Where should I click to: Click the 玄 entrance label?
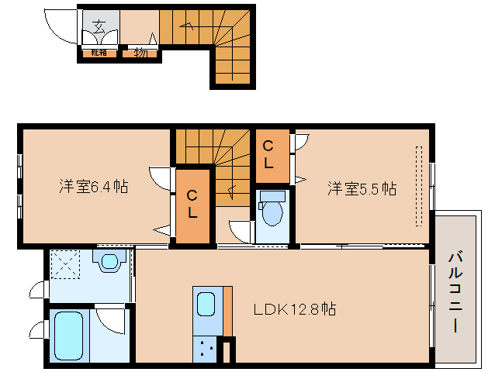99,26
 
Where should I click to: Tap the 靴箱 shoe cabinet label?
99,53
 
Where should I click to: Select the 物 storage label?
140,53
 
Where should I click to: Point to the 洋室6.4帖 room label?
94,186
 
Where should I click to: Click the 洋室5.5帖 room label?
362,188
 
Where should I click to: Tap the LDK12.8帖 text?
296,309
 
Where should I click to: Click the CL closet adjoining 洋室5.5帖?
268,154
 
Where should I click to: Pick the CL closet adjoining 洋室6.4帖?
192,205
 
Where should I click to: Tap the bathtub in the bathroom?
69,336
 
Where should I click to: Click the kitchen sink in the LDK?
206,303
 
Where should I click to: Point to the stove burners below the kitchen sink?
206,350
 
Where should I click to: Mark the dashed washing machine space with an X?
65,263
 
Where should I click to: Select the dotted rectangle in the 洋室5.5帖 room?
420,186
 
